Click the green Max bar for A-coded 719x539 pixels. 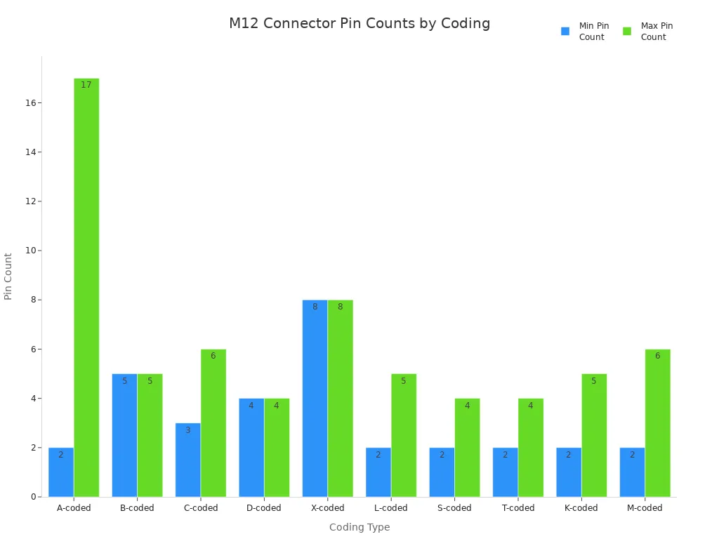coord(86,288)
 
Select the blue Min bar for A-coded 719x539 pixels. coord(61,472)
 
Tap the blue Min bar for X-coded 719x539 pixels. coord(315,398)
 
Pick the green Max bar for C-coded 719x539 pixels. coord(213,422)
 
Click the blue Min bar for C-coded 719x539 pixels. coord(187,460)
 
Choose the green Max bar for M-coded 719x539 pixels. coord(657,422)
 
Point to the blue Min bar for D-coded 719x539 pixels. coord(251,447)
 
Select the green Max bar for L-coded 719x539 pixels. coord(404,435)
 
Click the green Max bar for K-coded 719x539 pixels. coord(594,435)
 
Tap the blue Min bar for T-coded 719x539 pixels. coord(505,472)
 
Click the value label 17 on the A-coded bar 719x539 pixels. coord(86,85)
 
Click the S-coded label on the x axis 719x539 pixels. coord(454,508)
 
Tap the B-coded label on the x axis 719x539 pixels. coord(137,508)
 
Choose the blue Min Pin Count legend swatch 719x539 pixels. coord(565,32)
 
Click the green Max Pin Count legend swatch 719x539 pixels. coord(627,32)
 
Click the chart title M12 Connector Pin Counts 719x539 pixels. coord(359,24)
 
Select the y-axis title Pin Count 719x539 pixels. coord(8,277)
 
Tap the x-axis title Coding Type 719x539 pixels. coord(359,527)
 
